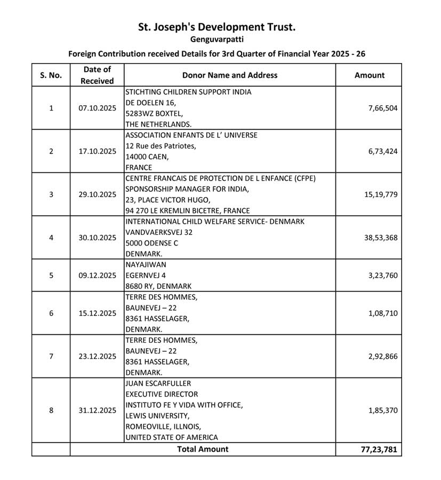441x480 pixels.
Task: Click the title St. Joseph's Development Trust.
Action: [x=217, y=27]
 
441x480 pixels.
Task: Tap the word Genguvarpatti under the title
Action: [x=217, y=40]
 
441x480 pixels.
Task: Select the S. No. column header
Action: [x=51, y=75]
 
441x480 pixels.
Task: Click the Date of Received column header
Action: [x=97, y=75]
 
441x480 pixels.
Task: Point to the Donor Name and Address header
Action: [x=230, y=75]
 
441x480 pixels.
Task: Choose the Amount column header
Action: [x=369, y=75]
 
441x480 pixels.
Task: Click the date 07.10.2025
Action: [x=97, y=108]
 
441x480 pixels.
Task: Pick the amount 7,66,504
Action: [x=382, y=108]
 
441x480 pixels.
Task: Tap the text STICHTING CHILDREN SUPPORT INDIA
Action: [x=188, y=92]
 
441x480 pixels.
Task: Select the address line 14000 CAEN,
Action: [x=147, y=157]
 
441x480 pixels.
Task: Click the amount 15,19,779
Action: [x=380, y=194]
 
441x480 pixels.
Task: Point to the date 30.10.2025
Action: [x=97, y=238]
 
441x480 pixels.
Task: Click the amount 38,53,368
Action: [x=380, y=238]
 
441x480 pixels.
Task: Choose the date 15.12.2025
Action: [x=97, y=313]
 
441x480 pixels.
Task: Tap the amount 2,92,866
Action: [x=382, y=357]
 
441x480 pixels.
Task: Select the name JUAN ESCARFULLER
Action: [x=158, y=383]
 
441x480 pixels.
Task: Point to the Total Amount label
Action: [x=203, y=449]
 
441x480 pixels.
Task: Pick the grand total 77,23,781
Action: [x=379, y=450]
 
